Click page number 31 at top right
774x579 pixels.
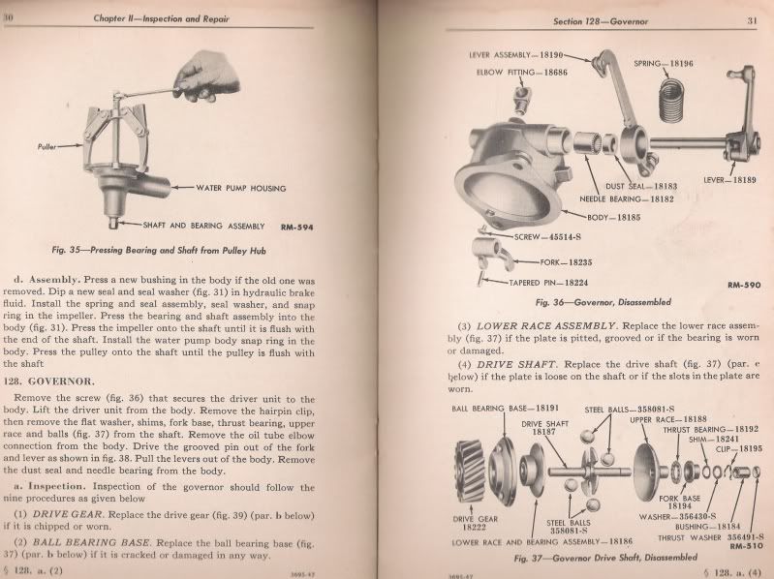(752, 19)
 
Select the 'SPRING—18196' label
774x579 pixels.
(665, 64)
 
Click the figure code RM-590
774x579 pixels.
(743, 287)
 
